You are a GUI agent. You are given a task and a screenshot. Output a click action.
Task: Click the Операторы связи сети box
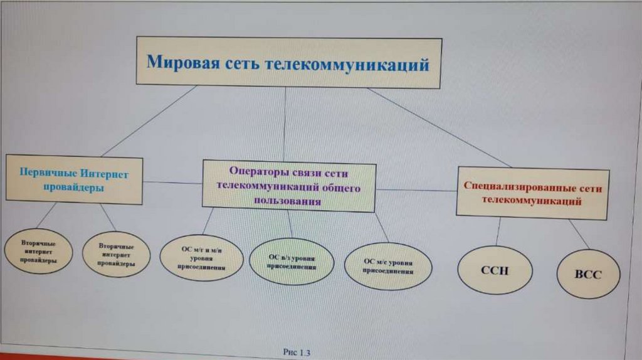[x=288, y=186]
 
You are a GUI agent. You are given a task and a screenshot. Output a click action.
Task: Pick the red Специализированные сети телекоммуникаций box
[x=532, y=194]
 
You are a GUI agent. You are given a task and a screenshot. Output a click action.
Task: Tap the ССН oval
[x=495, y=270]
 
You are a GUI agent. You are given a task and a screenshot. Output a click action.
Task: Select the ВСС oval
[x=588, y=275]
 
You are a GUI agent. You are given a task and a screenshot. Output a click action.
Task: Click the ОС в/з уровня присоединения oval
[x=292, y=262]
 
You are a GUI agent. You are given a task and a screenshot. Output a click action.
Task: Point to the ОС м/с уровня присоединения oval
[x=388, y=265]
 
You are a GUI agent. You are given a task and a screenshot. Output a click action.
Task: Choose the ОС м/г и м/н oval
[x=201, y=258]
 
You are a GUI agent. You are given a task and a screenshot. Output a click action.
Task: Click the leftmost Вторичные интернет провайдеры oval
[x=39, y=251]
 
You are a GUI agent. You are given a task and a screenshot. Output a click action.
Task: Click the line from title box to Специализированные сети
[x=439, y=127]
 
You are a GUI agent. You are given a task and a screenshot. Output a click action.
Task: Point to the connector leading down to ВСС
[x=579, y=234]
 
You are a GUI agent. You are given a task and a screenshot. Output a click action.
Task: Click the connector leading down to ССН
[x=498, y=231]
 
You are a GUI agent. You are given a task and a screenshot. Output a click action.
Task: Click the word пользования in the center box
[x=288, y=201]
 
